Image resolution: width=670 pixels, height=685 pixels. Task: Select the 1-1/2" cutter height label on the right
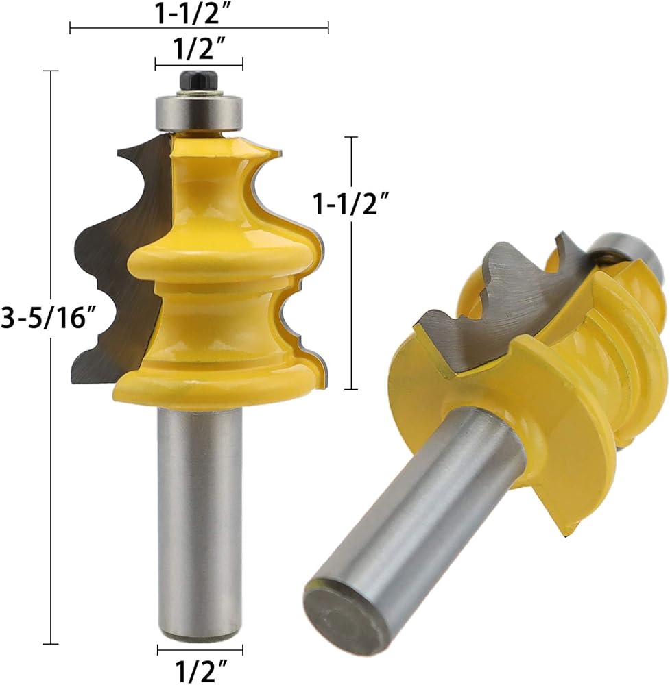351,203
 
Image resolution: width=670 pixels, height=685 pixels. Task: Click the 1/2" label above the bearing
200,48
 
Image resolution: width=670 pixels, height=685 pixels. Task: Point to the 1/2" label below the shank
201,669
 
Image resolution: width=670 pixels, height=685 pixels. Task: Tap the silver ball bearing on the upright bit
199,112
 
